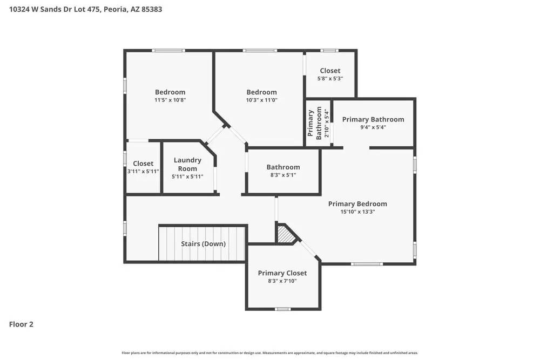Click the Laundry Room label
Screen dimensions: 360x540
point(187,164)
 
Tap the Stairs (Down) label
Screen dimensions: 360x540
point(203,244)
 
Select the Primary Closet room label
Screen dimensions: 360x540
point(282,273)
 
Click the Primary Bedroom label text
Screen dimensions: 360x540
point(357,204)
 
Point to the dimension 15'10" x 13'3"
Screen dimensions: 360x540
point(357,212)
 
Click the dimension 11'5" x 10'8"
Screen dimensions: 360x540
point(170,100)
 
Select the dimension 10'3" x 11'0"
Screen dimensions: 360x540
point(261,100)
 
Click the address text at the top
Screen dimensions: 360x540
point(85,9)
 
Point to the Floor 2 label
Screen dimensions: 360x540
point(21,324)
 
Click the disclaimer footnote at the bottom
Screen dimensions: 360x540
point(270,353)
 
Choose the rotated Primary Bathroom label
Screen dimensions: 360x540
point(315,124)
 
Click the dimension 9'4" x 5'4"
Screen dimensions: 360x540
point(373,127)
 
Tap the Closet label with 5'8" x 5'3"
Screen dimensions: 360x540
point(330,71)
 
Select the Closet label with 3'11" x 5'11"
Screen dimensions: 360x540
point(143,164)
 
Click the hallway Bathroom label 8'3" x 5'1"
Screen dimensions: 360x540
point(283,167)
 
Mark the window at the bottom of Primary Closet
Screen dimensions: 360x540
point(282,309)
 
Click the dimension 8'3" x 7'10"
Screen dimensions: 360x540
point(282,281)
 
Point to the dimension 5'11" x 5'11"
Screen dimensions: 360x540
point(187,176)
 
